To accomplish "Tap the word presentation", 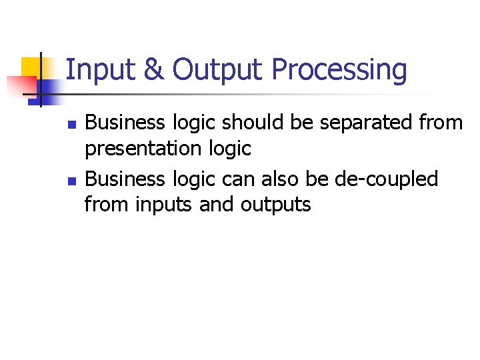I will pos(147,149).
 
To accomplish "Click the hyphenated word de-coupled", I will pos(387,180).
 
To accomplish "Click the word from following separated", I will pos(442,123).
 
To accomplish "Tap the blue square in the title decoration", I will pos(48,89).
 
